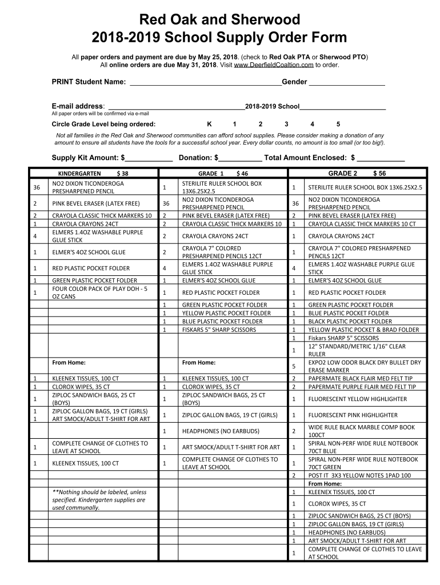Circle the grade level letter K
click(x=209, y=124)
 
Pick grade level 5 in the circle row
click(x=338, y=124)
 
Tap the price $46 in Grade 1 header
click(x=242, y=173)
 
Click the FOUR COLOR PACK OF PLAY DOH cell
click(x=100, y=292)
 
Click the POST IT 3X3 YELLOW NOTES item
click(x=359, y=475)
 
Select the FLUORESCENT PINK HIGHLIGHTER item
click(x=353, y=415)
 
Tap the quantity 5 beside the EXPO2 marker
click(x=294, y=366)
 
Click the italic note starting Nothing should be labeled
click(x=99, y=499)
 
